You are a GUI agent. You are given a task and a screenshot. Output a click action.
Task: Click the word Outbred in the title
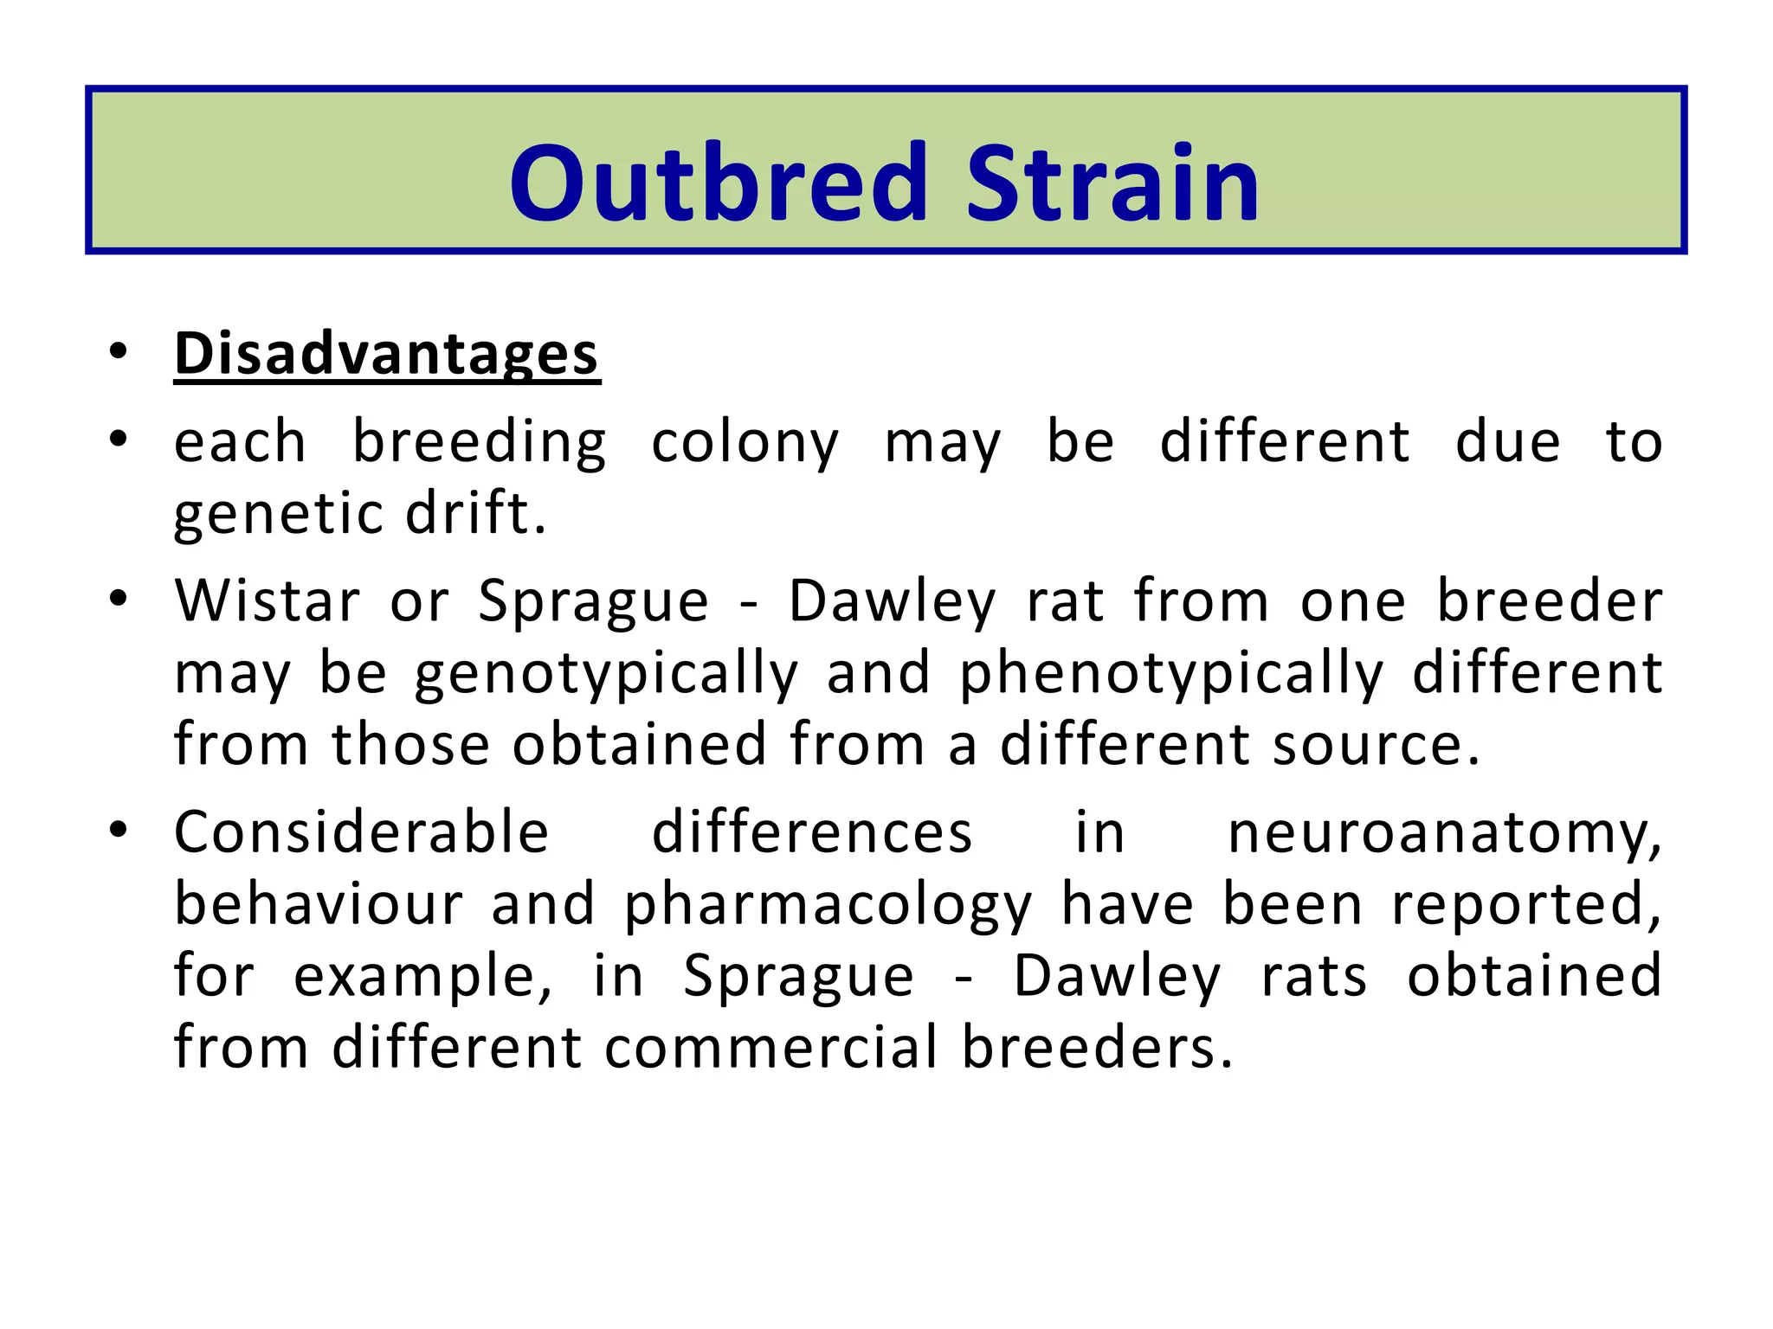coord(719,183)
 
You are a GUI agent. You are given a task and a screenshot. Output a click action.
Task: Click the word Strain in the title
coord(1112,183)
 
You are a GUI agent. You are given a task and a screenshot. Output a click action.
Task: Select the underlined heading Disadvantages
coord(386,354)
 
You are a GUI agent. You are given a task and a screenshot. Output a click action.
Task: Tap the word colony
coord(745,443)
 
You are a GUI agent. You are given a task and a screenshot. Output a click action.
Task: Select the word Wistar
coord(267,600)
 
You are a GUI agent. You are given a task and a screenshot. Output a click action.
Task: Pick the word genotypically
coord(606,674)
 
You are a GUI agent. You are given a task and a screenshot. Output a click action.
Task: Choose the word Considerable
coord(362,832)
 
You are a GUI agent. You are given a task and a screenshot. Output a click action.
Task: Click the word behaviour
coord(319,904)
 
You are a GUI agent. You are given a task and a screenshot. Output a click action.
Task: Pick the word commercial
coord(770,1048)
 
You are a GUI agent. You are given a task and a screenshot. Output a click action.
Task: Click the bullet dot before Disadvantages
coord(119,352)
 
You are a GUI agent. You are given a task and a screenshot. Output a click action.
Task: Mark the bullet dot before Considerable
coord(119,831)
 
